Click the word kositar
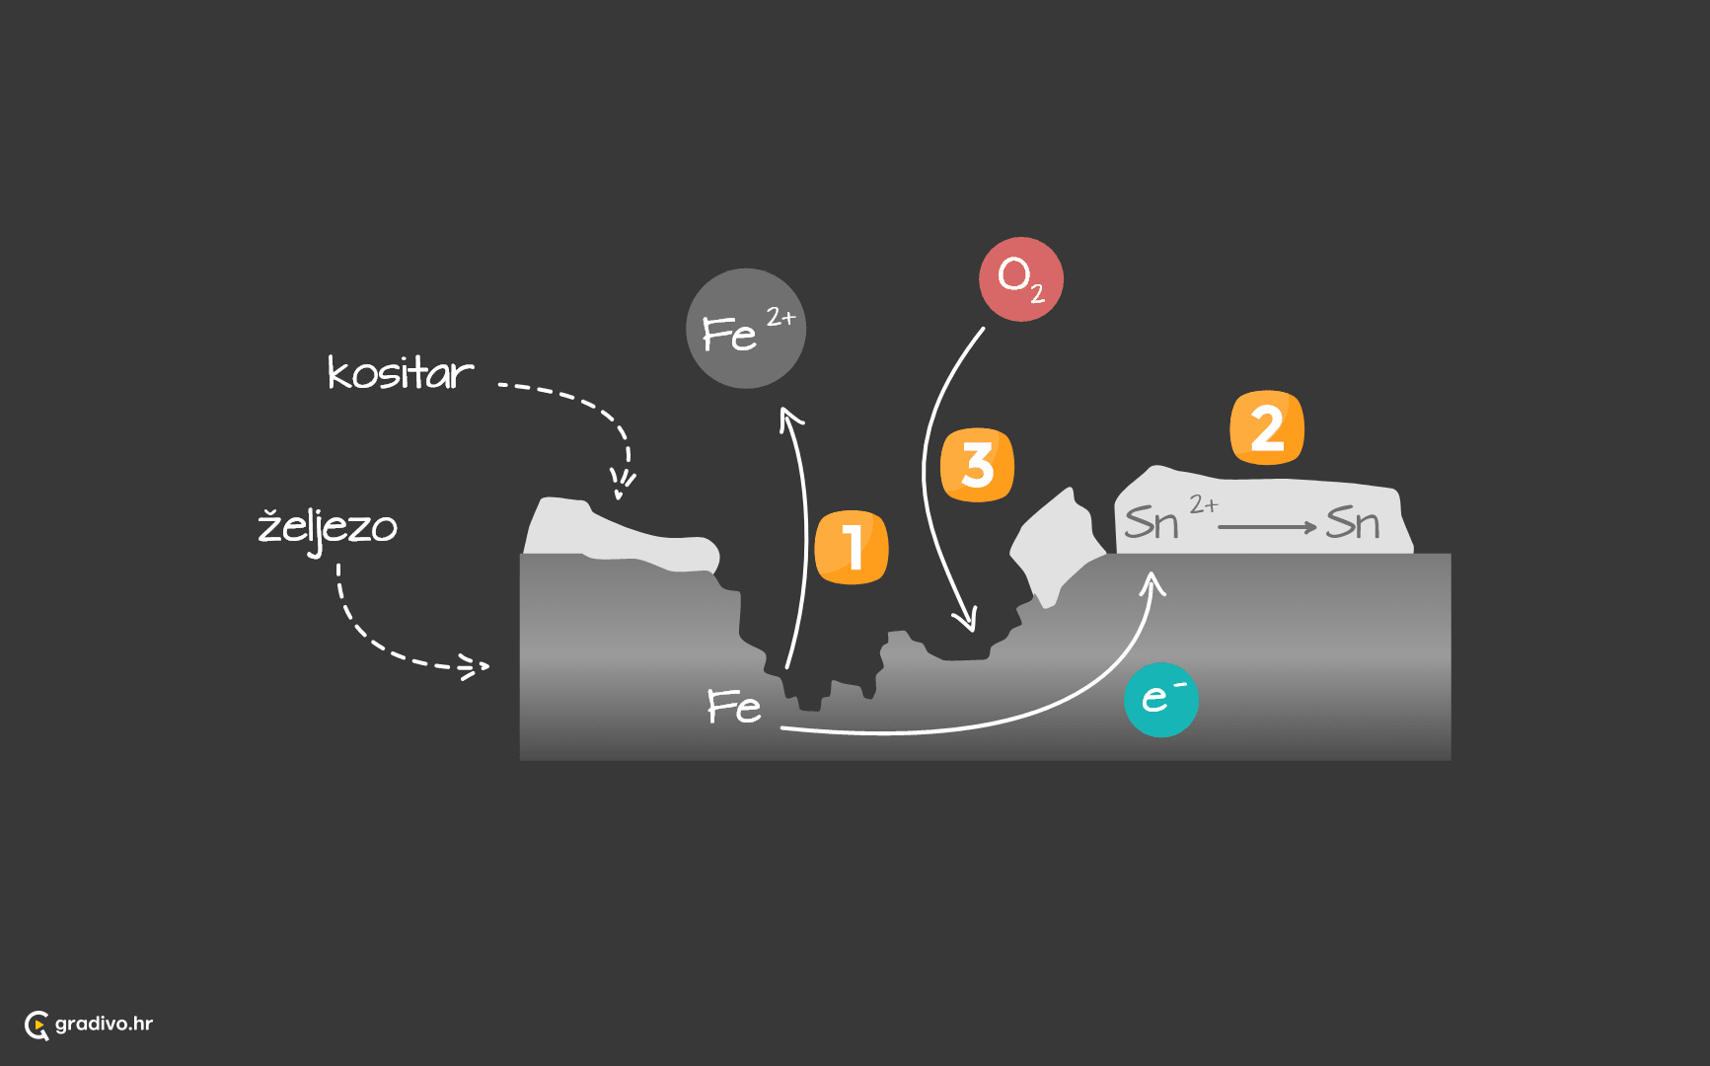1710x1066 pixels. click(x=401, y=373)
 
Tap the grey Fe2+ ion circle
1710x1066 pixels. click(x=746, y=329)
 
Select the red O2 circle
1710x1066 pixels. click(x=1021, y=279)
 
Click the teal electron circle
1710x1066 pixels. click(x=1161, y=700)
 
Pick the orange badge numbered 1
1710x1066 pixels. click(x=852, y=548)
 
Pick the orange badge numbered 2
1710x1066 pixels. click(x=1267, y=427)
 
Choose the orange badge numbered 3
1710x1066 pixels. click(x=977, y=465)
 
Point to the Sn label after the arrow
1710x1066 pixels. click(x=1353, y=522)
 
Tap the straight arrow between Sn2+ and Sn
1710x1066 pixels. click(x=1268, y=527)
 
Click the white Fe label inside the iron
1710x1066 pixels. click(x=734, y=707)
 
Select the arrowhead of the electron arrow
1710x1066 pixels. click(x=1152, y=583)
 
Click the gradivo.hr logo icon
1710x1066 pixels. click(x=37, y=1026)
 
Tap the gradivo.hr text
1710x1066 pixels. click(x=104, y=1024)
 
